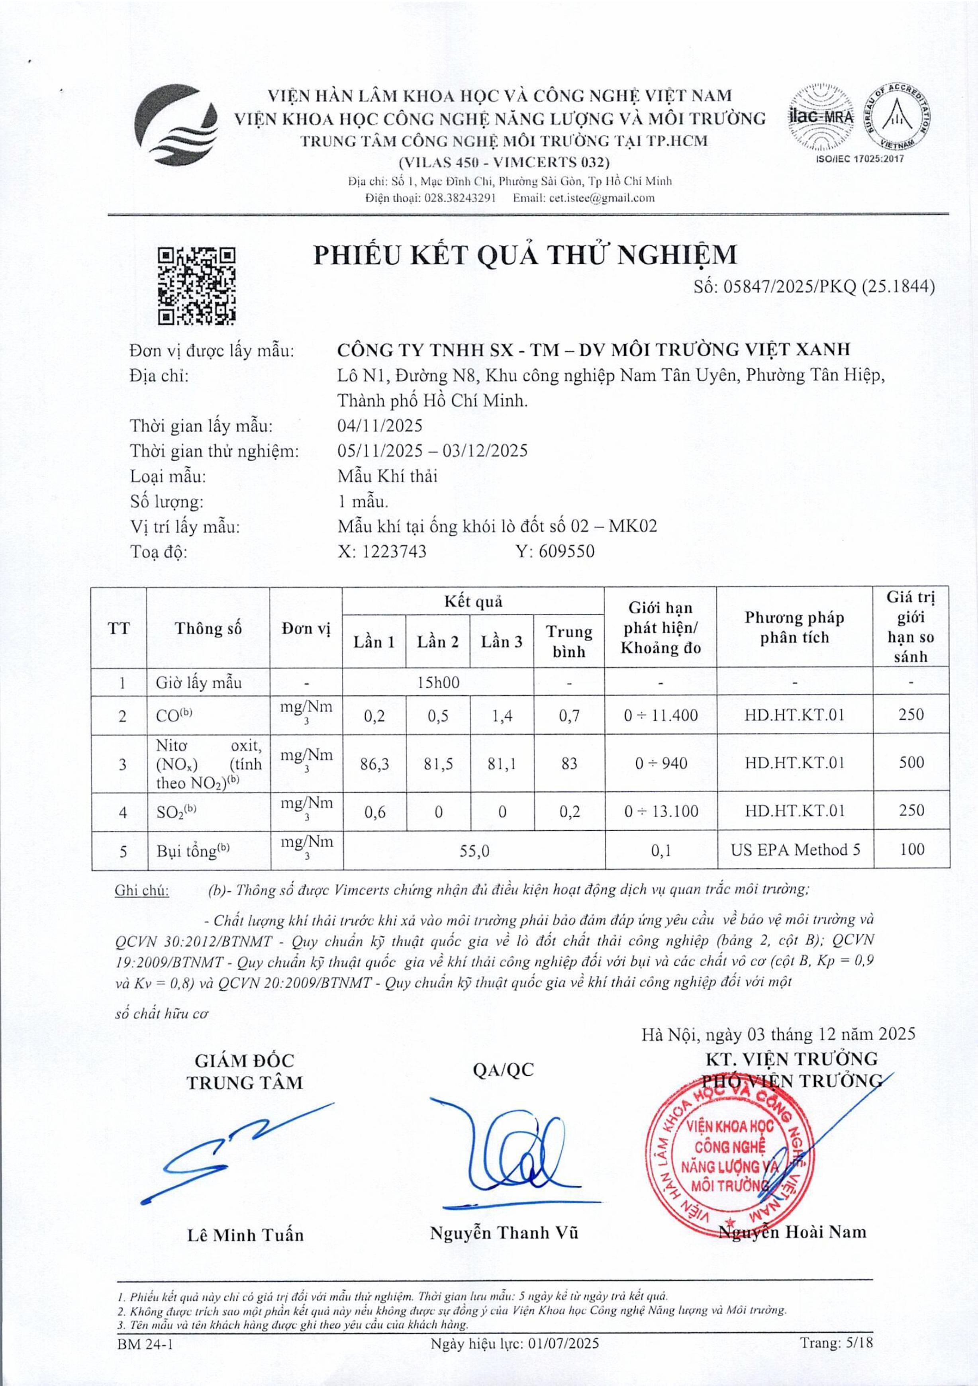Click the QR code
[196, 286]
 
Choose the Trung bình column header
[569, 641]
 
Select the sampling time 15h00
[438, 683]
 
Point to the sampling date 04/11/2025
[380, 426]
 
